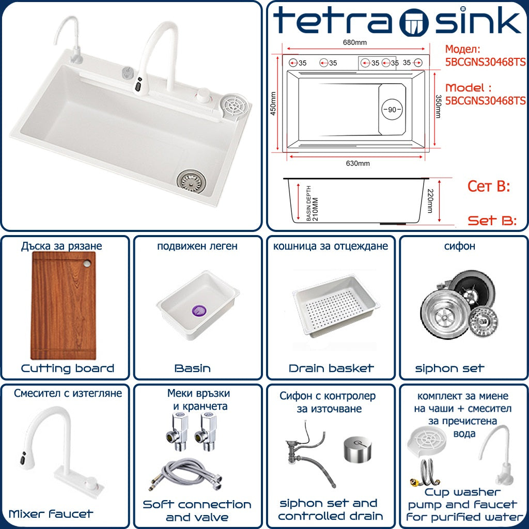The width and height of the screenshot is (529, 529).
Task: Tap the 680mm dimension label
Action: click(354, 42)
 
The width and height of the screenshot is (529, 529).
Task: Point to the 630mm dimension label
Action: click(357, 163)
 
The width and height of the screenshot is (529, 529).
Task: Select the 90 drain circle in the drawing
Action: click(392, 110)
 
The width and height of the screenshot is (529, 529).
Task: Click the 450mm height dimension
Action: click(273, 103)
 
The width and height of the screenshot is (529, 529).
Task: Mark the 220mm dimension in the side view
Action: click(430, 201)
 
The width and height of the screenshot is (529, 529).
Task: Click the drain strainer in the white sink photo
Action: click(191, 181)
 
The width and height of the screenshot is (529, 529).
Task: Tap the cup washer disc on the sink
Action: click(235, 105)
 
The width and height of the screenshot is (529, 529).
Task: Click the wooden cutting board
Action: click(63, 306)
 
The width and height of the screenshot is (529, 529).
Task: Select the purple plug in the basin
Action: click(199, 310)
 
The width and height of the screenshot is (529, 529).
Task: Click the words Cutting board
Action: click(68, 368)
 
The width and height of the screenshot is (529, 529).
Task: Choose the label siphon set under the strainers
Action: click(450, 368)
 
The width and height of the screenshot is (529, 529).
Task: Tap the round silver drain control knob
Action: click(357, 449)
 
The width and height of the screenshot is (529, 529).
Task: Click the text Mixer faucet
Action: click(51, 514)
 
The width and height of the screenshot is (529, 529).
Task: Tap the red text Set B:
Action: click(492, 221)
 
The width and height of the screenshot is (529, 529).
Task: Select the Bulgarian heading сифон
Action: click(459, 246)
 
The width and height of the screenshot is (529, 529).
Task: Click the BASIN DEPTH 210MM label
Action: click(312, 203)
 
